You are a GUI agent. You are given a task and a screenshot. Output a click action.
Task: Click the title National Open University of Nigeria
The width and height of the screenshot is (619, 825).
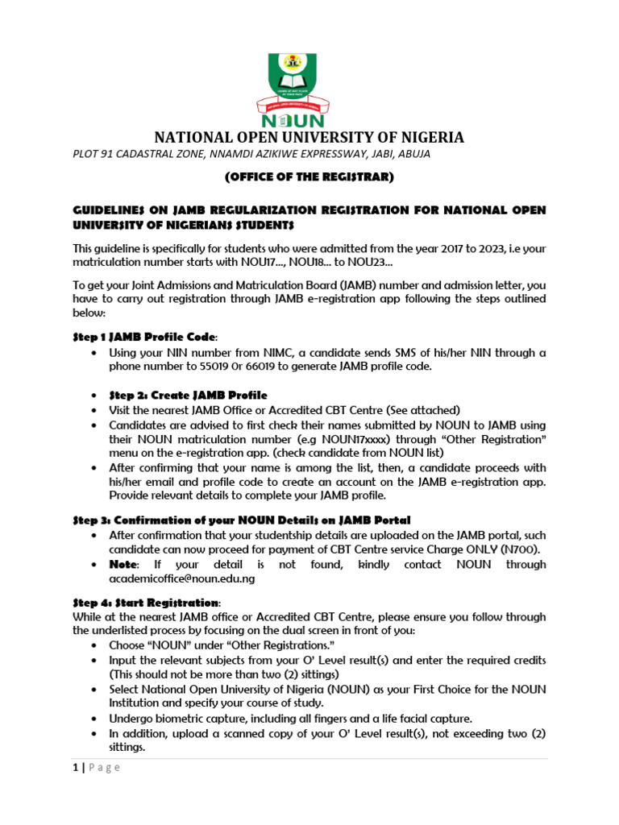(x=309, y=137)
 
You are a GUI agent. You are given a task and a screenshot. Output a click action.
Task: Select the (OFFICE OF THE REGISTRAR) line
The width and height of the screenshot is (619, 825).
(x=309, y=176)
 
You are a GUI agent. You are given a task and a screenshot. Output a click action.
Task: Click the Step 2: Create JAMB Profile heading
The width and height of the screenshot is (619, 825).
(x=188, y=395)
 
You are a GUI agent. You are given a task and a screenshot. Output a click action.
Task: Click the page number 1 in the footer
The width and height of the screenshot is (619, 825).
(x=74, y=767)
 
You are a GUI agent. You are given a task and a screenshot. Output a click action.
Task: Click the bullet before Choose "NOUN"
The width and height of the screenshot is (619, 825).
(x=97, y=646)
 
